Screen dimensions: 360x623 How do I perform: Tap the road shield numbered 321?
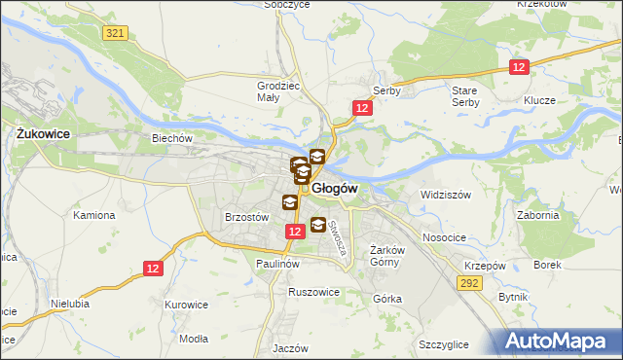[115, 33]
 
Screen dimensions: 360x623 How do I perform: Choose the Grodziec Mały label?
[275, 90]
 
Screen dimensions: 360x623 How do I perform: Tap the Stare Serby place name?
[465, 95]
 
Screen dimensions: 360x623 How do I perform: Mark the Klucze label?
[538, 100]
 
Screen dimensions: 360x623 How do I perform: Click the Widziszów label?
[445, 195]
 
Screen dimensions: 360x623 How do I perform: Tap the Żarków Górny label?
[387, 254]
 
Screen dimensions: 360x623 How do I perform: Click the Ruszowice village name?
[313, 291]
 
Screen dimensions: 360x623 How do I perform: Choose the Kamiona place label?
[92, 214]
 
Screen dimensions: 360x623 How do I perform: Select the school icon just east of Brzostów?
[290, 202]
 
